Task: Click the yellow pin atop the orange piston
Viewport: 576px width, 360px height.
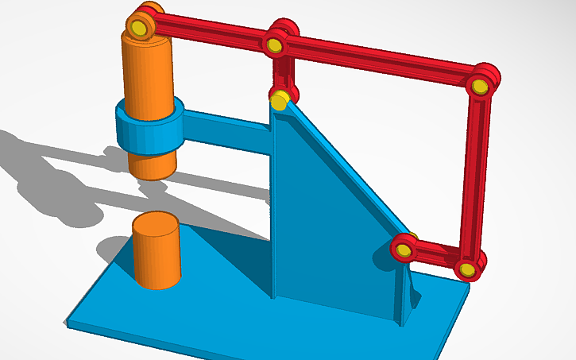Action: coord(140,28)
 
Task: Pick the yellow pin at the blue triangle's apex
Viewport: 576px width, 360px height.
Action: coord(279,101)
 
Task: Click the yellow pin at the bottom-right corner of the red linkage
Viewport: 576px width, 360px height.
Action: coord(467,269)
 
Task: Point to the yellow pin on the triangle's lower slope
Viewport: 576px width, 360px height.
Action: coord(403,251)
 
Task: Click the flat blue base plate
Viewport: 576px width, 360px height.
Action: coord(238,318)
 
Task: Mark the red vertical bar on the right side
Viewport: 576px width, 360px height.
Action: coord(477,175)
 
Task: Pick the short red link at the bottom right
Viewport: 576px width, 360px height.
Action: coord(435,256)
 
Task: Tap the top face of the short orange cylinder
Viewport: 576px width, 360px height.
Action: coord(156,222)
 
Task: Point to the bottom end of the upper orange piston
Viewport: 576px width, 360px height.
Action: coord(152,170)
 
